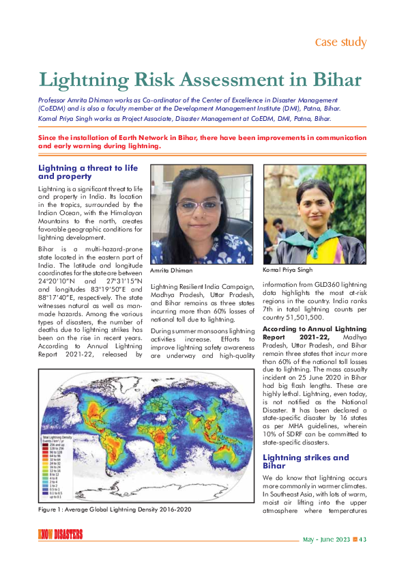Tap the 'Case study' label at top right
(340, 42)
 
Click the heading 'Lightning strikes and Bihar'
(296, 461)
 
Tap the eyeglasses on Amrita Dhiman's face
(197, 204)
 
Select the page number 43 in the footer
(363, 539)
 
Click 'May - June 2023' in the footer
(326, 539)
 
